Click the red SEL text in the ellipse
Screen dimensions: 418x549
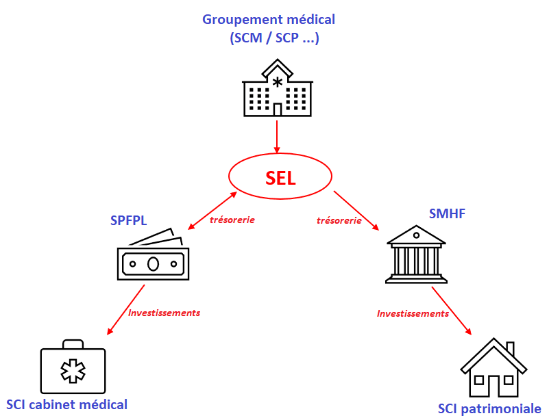(280, 179)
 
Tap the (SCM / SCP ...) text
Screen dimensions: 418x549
(275, 39)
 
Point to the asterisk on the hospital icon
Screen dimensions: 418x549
(277, 82)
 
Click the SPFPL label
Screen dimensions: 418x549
(129, 220)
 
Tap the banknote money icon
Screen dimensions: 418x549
(153, 258)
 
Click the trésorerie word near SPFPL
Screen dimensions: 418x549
(232, 220)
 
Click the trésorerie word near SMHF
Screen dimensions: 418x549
(339, 220)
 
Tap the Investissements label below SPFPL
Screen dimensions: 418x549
(164, 313)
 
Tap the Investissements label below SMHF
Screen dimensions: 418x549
(413, 313)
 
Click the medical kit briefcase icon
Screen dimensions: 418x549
(72, 368)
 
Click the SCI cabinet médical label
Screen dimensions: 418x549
(66, 404)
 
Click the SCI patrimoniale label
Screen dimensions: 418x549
(489, 409)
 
